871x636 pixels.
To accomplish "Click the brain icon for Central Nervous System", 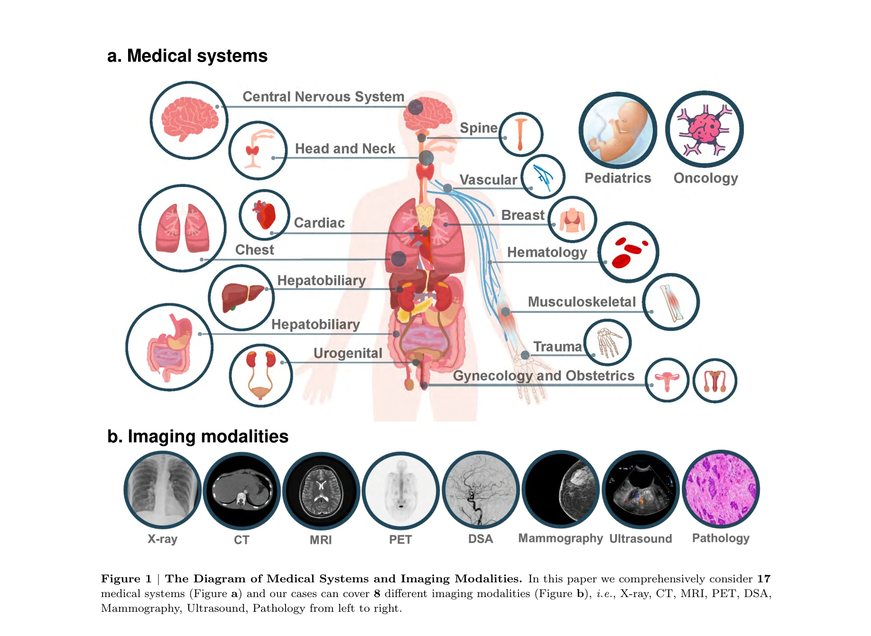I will click(x=189, y=120).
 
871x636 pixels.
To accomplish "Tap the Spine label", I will click(x=478, y=128).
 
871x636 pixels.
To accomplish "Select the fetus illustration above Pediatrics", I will click(x=618, y=130).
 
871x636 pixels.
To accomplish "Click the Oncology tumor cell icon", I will click(x=704, y=129).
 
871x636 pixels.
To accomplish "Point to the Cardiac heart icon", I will click(x=264, y=215).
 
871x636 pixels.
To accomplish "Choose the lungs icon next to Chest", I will click(x=183, y=228).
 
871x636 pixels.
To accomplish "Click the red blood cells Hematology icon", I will click(x=628, y=252).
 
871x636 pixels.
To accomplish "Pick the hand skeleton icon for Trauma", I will click(x=607, y=342).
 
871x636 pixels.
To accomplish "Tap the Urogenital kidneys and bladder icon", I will click(x=260, y=375).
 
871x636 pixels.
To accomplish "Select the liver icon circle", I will click(x=241, y=298).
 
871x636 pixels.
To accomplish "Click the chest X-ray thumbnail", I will click(x=162, y=490).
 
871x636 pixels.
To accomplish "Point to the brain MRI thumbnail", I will click(x=321, y=491).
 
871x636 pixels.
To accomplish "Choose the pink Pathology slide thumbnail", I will click(x=721, y=489).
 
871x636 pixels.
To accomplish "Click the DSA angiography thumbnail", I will click(x=481, y=490).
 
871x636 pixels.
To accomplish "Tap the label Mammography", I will click(x=560, y=538).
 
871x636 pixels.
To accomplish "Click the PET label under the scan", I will click(x=400, y=540).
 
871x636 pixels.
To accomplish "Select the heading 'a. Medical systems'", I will click(x=187, y=56).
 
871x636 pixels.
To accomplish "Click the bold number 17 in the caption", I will click(x=764, y=579).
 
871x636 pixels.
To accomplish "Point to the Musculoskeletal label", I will click(x=582, y=302).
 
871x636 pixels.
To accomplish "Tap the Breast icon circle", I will click(x=572, y=219).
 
